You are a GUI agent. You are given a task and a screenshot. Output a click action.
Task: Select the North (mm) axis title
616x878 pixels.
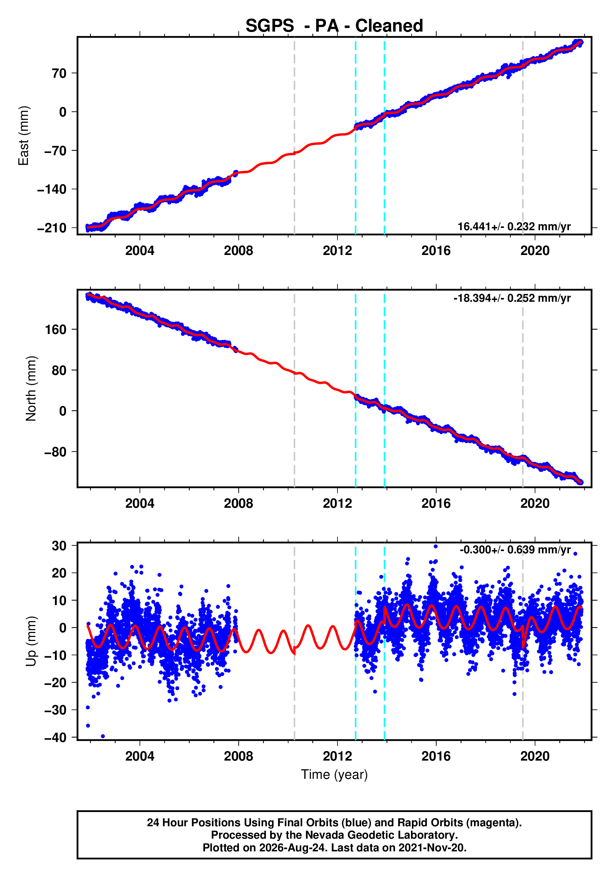pyautogui.click(x=31, y=389)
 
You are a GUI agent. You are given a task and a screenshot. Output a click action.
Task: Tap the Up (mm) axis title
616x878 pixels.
pyautogui.click(x=31, y=641)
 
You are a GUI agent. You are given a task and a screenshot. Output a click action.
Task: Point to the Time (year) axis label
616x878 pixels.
pyautogui.click(x=334, y=774)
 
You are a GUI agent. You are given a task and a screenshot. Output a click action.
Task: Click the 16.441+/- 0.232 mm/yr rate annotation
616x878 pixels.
pyautogui.click(x=514, y=226)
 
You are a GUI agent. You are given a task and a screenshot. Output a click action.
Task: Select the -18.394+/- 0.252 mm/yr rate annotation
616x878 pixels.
pyautogui.click(x=512, y=298)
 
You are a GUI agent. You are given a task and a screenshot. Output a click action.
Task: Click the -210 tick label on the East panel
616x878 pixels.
pyautogui.click(x=52, y=228)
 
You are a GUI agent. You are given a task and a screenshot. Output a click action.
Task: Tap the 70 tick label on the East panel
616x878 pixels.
pyautogui.click(x=59, y=73)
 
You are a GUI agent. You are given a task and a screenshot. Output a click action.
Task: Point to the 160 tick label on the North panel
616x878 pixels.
pyautogui.click(x=56, y=329)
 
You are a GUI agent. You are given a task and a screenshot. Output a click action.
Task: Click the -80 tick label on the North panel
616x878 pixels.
pyautogui.click(x=56, y=452)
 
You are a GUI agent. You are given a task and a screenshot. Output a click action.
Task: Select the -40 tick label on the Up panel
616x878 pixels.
pyautogui.click(x=56, y=737)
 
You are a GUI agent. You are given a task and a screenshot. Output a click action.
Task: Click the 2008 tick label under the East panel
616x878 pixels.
pyautogui.click(x=239, y=251)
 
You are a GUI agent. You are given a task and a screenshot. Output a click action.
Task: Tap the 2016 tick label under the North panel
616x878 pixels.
pyautogui.click(x=436, y=504)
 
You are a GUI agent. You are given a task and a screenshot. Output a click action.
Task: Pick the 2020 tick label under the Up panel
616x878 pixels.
pyautogui.click(x=535, y=756)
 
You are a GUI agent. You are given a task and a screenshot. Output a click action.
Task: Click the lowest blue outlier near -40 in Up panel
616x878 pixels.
pyautogui.click(x=103, y=736)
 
